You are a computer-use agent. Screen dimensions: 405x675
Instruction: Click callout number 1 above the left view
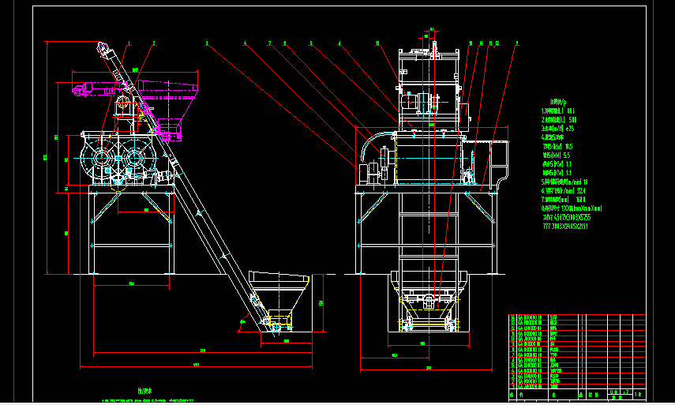pyautogui.click(x=128, y=43)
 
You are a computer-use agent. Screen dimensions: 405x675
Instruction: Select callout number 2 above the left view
pyautogui.click(x=153, y=43)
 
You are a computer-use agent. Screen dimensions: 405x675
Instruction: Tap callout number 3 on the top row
pyautogui.click(x=207, y=43)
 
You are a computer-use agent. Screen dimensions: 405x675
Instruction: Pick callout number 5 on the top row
pyautogui.click(x=311, y=43)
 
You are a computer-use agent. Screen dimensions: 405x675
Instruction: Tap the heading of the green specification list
pyautogui.click(x=548, y=101)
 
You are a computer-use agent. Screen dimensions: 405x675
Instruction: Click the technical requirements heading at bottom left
pyautogui.click(x=143, y=390)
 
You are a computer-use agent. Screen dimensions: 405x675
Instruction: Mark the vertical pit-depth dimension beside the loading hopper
pyautogui.click(x=321, y=303)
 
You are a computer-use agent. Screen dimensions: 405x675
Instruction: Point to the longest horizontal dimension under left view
pyautogui.click(x=195, y=365)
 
